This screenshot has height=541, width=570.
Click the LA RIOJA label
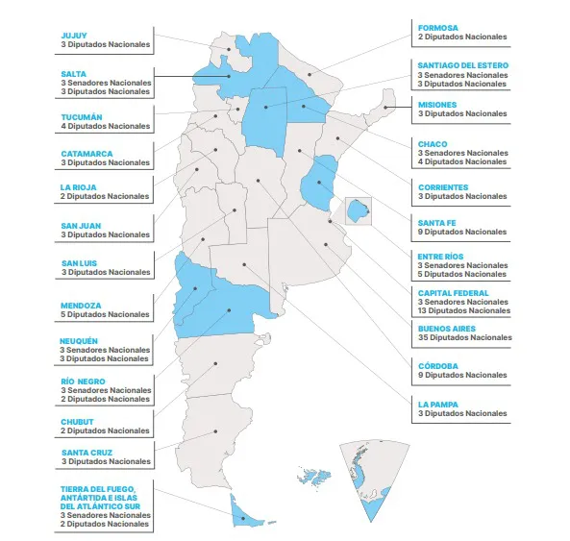coord(77,186)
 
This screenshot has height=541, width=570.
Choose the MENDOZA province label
coord(80,306)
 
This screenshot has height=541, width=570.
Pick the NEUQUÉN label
coord(80,340)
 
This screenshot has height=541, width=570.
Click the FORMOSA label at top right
coord(438,27)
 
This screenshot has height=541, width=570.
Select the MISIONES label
coord(437,104)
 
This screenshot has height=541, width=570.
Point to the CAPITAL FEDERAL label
coord(453,292)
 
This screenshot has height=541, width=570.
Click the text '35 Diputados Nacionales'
coord(465,337)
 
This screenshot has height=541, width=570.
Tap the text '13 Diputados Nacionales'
coord(465,310)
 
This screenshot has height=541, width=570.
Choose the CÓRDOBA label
coord(438,365)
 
